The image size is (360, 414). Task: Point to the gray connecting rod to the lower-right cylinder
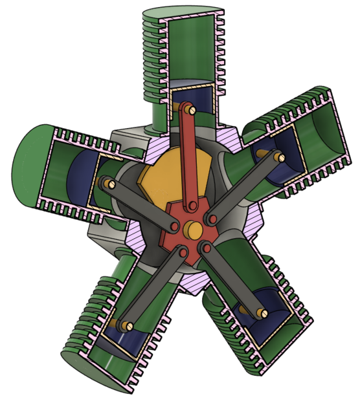[x=233, y=278]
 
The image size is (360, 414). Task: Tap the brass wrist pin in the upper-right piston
[x=279, y=156]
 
